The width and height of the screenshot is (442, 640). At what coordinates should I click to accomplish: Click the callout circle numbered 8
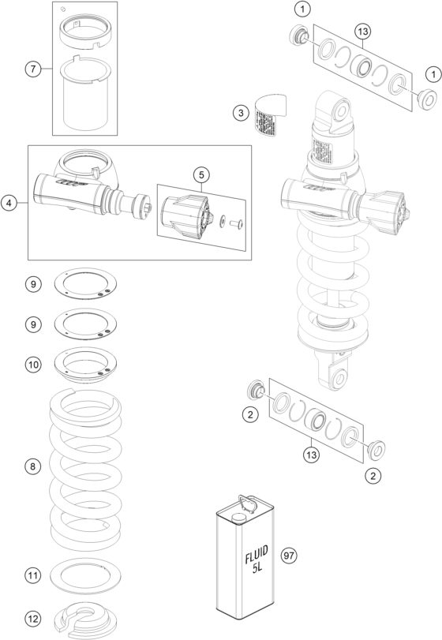click(32, 467)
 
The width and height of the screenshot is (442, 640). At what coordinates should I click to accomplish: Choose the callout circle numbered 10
click(32, 365)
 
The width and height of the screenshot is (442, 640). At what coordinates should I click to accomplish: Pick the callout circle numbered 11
click(32, 575)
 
